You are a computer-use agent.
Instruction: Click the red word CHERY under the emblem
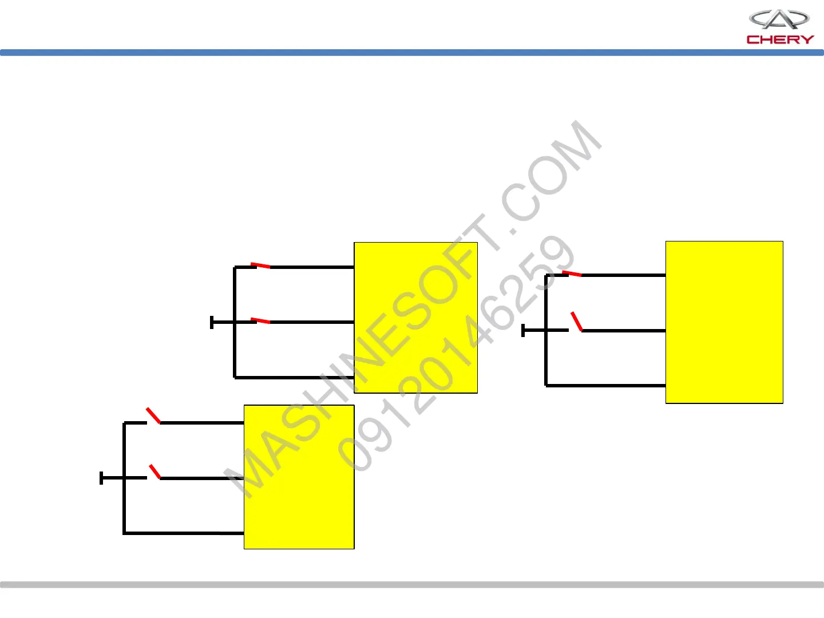(x=780, y=39)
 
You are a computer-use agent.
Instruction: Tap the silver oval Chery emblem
(x=779, y=19)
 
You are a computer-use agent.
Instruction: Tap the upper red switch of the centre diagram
(x=260, y=266)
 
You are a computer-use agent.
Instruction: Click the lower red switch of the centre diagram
(x=260, y=320)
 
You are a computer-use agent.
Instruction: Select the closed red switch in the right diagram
(x=572, y=274)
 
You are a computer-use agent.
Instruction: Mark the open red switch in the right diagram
(x=576, y=322)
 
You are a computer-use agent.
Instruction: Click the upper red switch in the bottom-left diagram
(x=153, y=415)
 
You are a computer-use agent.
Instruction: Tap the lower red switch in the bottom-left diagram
(x=154, y=472)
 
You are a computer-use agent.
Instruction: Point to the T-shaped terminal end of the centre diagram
(x=212, y=322)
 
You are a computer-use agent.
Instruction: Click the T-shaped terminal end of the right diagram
(x=524, y=330)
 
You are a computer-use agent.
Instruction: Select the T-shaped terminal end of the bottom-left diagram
(x=102, y=478)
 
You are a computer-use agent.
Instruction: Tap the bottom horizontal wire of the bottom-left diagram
(x=183, y=533)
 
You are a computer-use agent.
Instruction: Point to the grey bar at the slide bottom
(x=412, y=585)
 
